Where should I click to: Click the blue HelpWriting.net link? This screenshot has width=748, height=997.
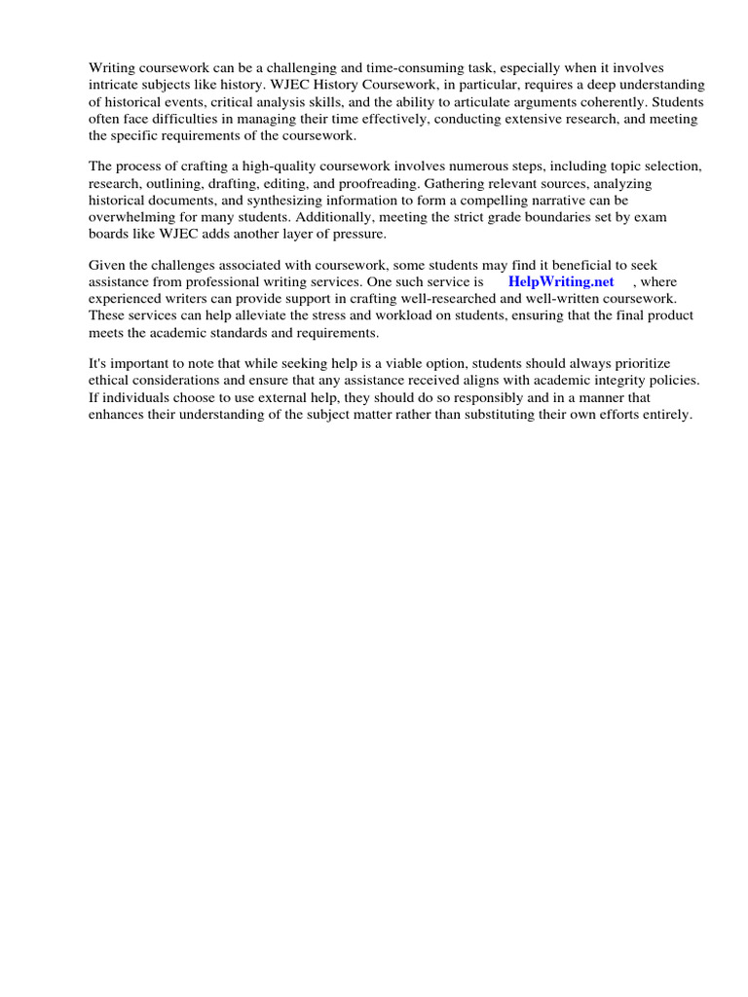[x=561, y=281]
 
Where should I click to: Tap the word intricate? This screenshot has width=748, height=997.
[x=114, y=85]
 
